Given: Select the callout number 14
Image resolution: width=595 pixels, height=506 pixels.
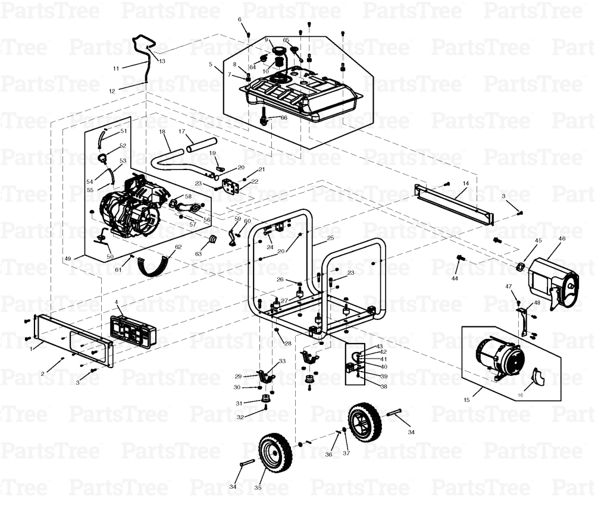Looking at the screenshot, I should tap(466, 184).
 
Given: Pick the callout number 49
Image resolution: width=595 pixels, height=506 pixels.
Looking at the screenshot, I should tap(67, 259).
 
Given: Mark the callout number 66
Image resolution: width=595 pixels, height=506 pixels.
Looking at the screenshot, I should tap(284, 118).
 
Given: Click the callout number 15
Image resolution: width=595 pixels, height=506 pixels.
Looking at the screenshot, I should tap(466, 400).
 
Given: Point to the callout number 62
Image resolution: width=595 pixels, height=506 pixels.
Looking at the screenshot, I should tap(177, 247).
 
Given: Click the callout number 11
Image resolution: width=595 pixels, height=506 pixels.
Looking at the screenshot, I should tap(116, 68).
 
